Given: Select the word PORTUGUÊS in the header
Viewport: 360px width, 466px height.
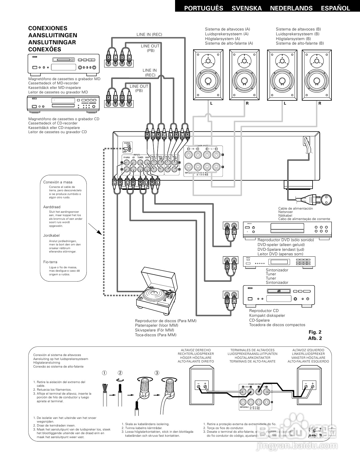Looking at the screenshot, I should point(204,8).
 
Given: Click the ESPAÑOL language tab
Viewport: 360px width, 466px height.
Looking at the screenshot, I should point(335,8).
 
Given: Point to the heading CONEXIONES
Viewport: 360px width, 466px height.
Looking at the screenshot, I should point(48,28).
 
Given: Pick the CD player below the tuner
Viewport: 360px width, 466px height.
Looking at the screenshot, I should point(279,296).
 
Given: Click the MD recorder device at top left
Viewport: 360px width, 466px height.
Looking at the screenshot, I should point(64,64).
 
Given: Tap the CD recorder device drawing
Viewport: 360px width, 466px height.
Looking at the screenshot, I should point(64,104).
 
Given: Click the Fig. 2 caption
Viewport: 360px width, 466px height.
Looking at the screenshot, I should point(315,332).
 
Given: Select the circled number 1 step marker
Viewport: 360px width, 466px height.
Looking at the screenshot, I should point(104,373).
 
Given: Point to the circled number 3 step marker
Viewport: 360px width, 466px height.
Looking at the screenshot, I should point(157,373).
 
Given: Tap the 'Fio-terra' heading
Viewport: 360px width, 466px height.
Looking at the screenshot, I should point(50,262).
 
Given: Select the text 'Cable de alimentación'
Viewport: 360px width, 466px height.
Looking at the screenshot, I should point(295,208).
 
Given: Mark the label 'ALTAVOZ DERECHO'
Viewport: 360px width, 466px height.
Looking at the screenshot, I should point(196,350).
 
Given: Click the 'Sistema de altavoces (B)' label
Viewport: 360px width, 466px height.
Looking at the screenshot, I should point(298,29).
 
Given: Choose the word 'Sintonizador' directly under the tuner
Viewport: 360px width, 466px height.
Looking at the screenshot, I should point(277,270).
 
